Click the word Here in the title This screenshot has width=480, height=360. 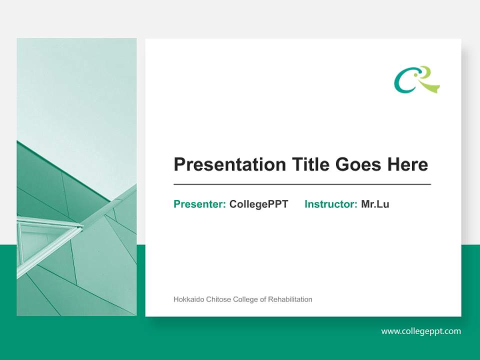pos(407,164)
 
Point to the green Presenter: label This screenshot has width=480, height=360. pos(199,204)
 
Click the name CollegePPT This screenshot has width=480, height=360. pos(258,204)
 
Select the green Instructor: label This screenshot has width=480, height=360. pos(330,204)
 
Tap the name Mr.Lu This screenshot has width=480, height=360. pos(375,204)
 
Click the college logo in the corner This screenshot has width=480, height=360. pos(417,80)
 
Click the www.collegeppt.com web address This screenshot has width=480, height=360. pos(421,331)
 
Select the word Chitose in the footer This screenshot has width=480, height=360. pos(217,299)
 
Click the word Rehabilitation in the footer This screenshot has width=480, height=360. pos(290,299)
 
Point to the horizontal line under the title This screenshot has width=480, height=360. pos(302,184)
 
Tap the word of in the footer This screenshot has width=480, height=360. pos(263,299)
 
